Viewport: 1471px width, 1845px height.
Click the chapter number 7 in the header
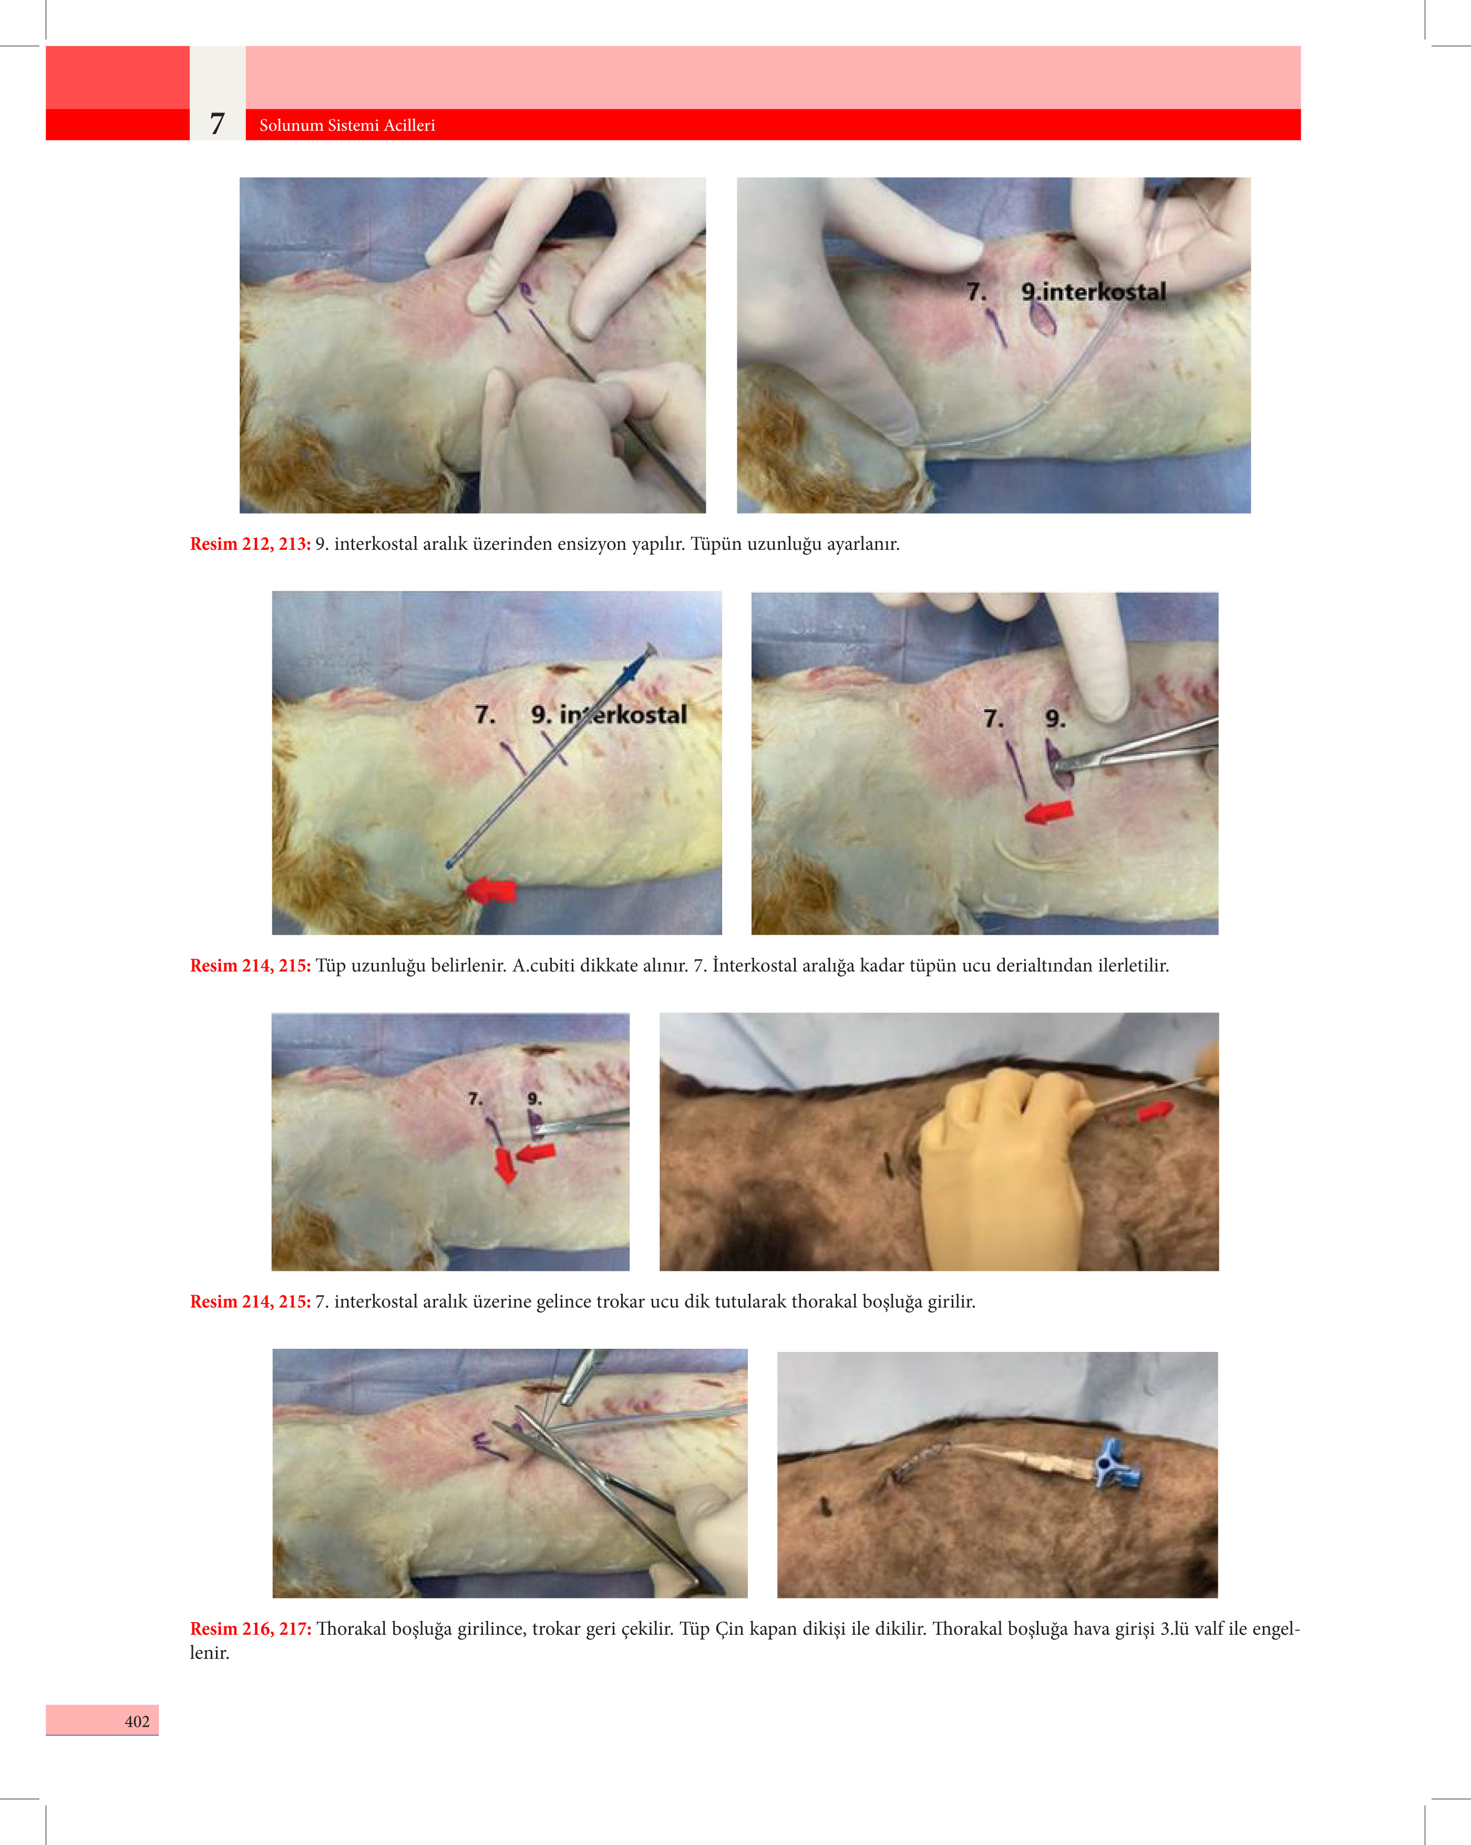pyautogui.click(x=218, y=124)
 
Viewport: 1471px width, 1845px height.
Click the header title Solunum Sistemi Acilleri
pyautogui.click(x=346, y=125)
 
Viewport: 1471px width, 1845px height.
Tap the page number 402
pyautogui.click(x=137, y=1721)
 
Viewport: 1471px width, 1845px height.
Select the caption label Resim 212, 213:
pyautogui.click(x=250, y=544)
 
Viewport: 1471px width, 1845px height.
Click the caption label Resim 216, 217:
pyautogui.click(x=250, y=1628)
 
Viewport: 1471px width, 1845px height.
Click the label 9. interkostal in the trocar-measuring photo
pyautogui.click(x=609, y=714)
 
